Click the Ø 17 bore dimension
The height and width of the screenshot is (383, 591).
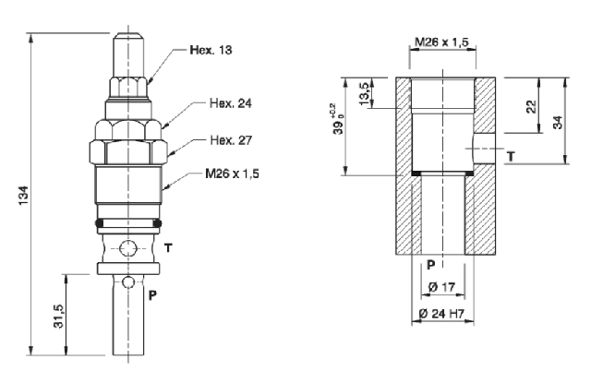439,288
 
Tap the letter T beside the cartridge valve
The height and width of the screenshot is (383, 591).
168,247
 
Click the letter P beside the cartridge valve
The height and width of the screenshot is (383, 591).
153,295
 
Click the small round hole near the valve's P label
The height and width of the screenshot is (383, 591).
128,281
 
